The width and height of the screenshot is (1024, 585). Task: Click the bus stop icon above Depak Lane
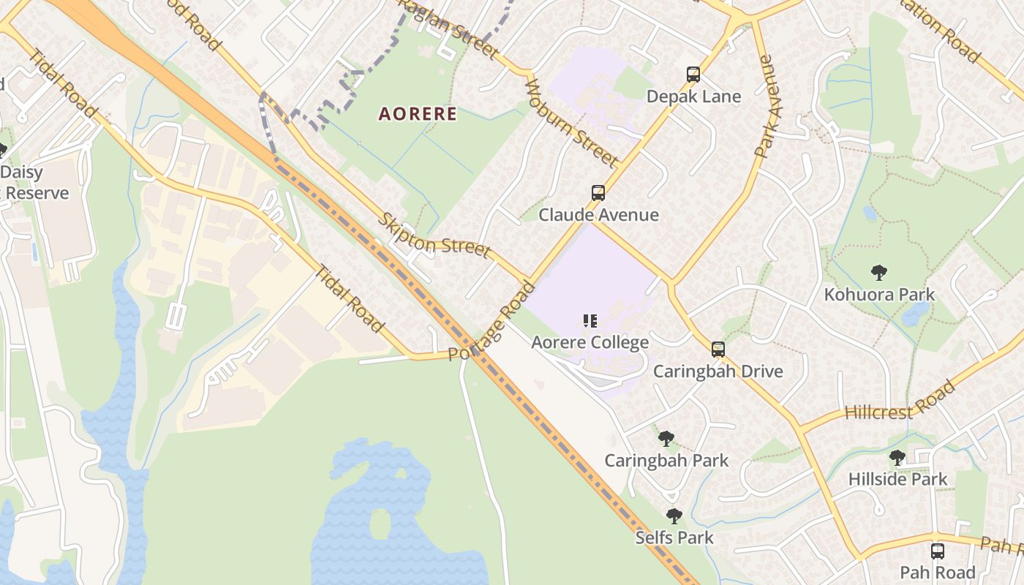[x=693, y=75]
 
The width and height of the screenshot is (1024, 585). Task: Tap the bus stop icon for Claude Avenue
[x=598, y=193]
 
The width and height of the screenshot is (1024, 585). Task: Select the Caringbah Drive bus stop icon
[x=718, y=350]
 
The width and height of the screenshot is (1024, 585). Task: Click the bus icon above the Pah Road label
[x=938, y=551]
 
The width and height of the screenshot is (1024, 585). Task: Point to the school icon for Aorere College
[x=590, y=320]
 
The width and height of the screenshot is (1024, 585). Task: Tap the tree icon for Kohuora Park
[x=879, y=273]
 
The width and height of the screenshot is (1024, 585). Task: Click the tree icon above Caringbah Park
[x=666, y=439]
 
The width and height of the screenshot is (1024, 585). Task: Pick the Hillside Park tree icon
[x=897, y=458]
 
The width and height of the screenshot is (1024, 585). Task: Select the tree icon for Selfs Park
[x=674, y=516]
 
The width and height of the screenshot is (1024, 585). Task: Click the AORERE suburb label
[x=418, y=114]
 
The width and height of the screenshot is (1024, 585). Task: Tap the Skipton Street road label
[x=434, y=235]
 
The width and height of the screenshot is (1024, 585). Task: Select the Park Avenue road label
[x=764, y=107]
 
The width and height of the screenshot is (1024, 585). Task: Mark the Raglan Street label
[x=449, y=29]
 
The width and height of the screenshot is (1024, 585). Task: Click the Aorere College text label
[x=590, y=342]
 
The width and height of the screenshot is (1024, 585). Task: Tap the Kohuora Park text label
[x=879, y=295]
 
